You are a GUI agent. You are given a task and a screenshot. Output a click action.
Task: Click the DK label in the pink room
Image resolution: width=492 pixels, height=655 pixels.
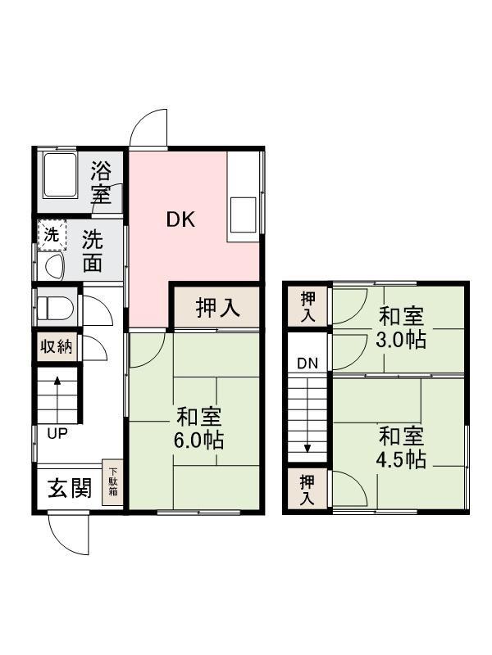pyautogui.click(x=180, y=219)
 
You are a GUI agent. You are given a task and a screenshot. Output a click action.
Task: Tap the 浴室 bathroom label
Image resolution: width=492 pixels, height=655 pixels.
pyautogui.click(x=101, y=183)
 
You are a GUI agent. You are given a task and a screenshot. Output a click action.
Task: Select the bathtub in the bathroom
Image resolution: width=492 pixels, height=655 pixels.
pyautogui.click(x=58, y=174)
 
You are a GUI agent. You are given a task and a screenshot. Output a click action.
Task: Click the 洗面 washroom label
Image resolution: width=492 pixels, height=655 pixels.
pyautogui.click(x=93, y=251)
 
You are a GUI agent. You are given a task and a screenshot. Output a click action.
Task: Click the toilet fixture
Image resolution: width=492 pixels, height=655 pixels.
pyautogui.click(x=54, y=309)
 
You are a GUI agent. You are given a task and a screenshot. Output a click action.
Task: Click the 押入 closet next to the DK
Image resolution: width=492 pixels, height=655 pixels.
pyautogui.click(x=217, y=308)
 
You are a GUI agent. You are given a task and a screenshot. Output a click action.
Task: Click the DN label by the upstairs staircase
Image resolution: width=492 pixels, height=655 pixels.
pyautogui.click(x=307, y=364)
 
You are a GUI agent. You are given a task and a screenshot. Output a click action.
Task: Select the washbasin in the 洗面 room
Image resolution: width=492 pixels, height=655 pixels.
pyautogui.click(x=54, y=265)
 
